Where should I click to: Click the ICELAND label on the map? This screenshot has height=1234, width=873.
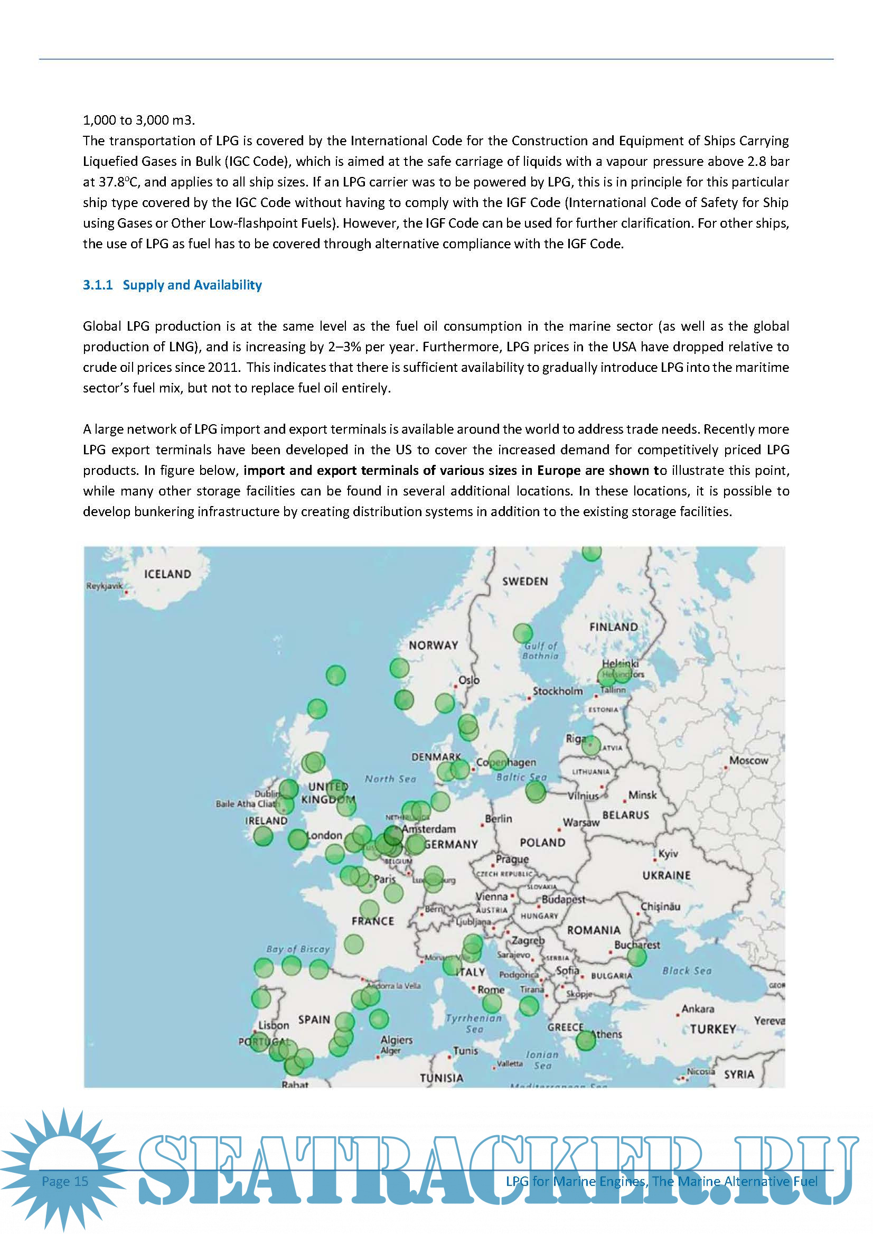tap(167, 574)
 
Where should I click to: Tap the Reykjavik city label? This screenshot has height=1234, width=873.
tap(104, 585)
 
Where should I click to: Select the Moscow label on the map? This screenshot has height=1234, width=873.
tap(748, 760)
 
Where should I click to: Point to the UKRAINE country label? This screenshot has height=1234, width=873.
tap(666, 875)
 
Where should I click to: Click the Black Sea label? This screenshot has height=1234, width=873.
tap(687, 970)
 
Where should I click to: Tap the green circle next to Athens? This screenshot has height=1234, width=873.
tap(585, 1041)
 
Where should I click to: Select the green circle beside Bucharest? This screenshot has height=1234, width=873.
tap(636, 957)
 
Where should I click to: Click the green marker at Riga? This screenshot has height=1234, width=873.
tap(591, 746)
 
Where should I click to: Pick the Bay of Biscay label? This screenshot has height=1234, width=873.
tap(298, 949)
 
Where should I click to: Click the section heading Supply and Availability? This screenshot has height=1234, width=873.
tap(192, 285)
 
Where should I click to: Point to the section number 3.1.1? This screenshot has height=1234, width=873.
tap(97, 285)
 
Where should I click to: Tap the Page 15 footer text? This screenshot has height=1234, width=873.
tap(65, 1181)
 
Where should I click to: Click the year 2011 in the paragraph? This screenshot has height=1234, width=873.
tap(223, 367)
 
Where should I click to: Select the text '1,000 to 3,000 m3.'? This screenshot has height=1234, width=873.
tap(139, 120)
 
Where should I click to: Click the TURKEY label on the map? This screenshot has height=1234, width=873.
tap(713, 1029)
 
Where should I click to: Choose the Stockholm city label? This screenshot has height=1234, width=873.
tap(558, 691)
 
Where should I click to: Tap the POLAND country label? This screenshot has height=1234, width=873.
tap(542, 843)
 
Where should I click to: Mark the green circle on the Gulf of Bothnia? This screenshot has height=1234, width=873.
tap(522, 633)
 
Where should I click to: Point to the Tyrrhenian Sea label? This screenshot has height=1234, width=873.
tap(474, 1023)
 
